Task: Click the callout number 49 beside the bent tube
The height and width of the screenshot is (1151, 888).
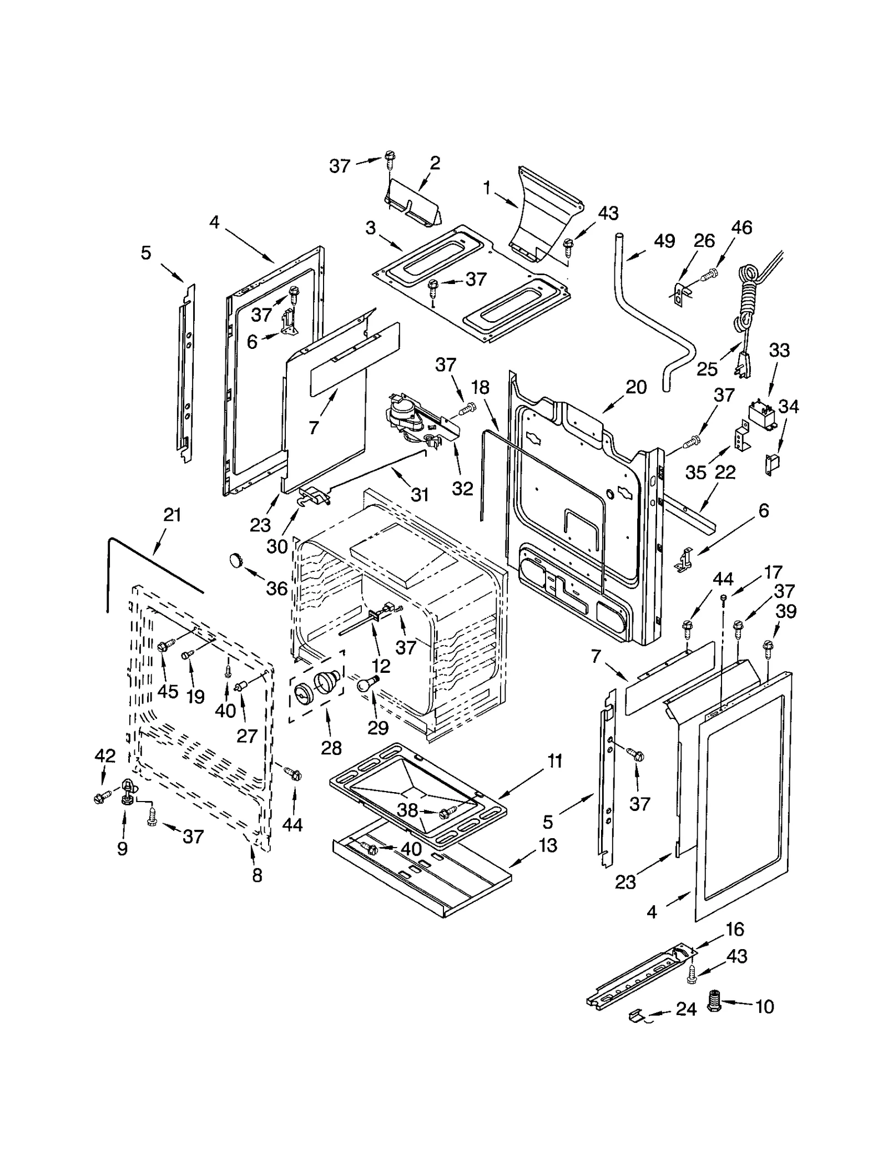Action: (x=664, y=241)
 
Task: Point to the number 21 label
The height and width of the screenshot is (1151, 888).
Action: (x=172, y=515)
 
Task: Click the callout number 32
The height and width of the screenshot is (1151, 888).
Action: (x=462, y=488)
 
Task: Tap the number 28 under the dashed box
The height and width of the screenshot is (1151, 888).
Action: (x=331, y=748)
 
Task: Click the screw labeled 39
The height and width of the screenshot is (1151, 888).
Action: (x=768, y=645)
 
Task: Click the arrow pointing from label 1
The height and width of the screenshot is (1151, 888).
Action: (x=506, y=200)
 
